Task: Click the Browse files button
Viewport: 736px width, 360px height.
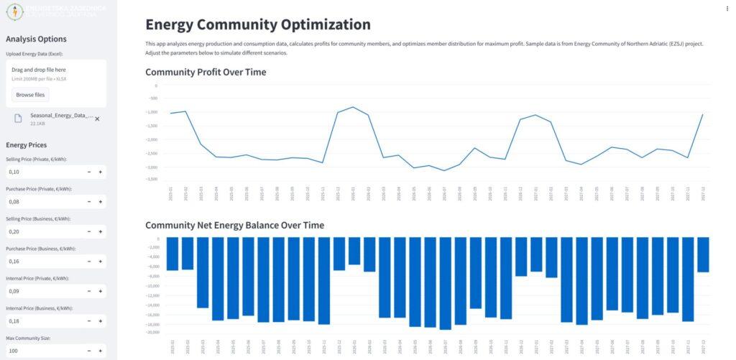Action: pyautogui.click(x=30, y=95)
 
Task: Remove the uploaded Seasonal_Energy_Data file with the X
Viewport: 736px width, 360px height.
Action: pyautogui.click(x=97, y=119)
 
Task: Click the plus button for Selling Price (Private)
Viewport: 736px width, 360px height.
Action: pyautogui.click(x=100, y=172)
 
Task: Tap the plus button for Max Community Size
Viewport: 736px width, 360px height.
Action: pyautogui.click(x=100, y=351)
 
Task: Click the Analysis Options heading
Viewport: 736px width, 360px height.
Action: pyautogui.click(x=36, y=40)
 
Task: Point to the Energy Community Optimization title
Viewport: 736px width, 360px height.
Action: pyautogui.click(x=258, y=24)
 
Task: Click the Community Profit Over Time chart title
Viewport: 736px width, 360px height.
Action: pyautogui.click(x=206, y=72)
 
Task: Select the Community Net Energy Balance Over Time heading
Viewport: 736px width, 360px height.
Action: pyautogui.click(x=234, y=225)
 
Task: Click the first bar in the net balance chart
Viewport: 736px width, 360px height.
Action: pyautogui.click(x=172, y=254)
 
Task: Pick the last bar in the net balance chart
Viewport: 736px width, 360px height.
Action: pyautogui.click(x=703, y=254)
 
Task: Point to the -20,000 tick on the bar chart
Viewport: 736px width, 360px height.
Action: pyautogui.click(x=153, y=332)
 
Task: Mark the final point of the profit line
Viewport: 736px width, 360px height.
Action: pyautogui.click(x=702, y=115)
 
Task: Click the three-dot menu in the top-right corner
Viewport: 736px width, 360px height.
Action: pyautogui.click(x=728, y=9)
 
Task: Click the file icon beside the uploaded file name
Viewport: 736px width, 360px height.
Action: pyautogui.click(x=17, y=119)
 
